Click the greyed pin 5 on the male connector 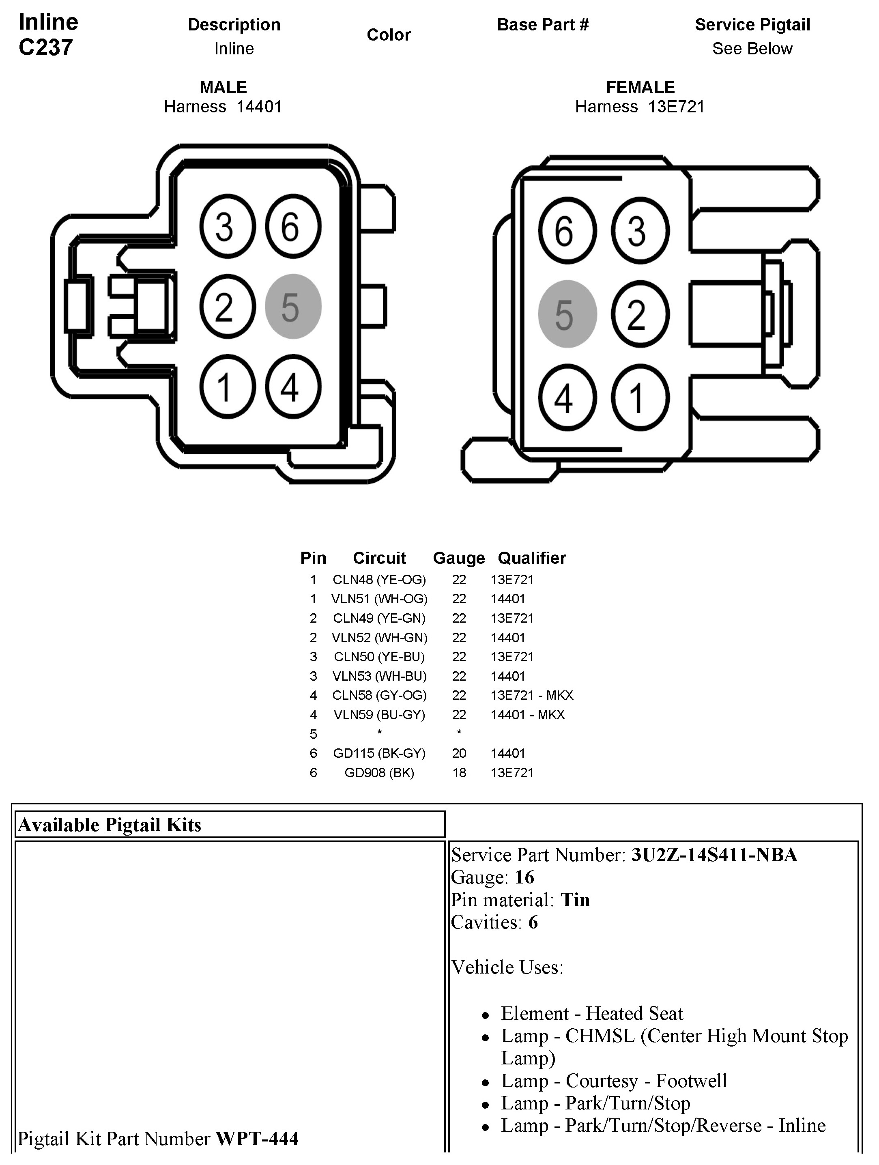click(x=293, y=307)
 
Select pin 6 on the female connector click(x=567, y=231)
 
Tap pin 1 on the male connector click(x=227, y=387)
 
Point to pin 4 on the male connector click(x=293, y=387)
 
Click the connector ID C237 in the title click(x=46, y=47)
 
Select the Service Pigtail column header click(x=752, y=25)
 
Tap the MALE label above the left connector click(x=223, y=88)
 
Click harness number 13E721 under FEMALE click(x=676, y=107)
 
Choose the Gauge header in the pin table click(x=458, y=558)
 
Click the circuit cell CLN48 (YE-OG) click(x=379, y=580)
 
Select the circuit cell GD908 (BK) click(x=379, y=773)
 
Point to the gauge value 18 click(x=459, y=773)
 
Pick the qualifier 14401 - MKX click(x=527, y=715)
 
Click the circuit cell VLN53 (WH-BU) click(x=379, y=676)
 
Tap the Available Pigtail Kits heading click(x=110, y=825)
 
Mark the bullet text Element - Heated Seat click(x=591, y=1013)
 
